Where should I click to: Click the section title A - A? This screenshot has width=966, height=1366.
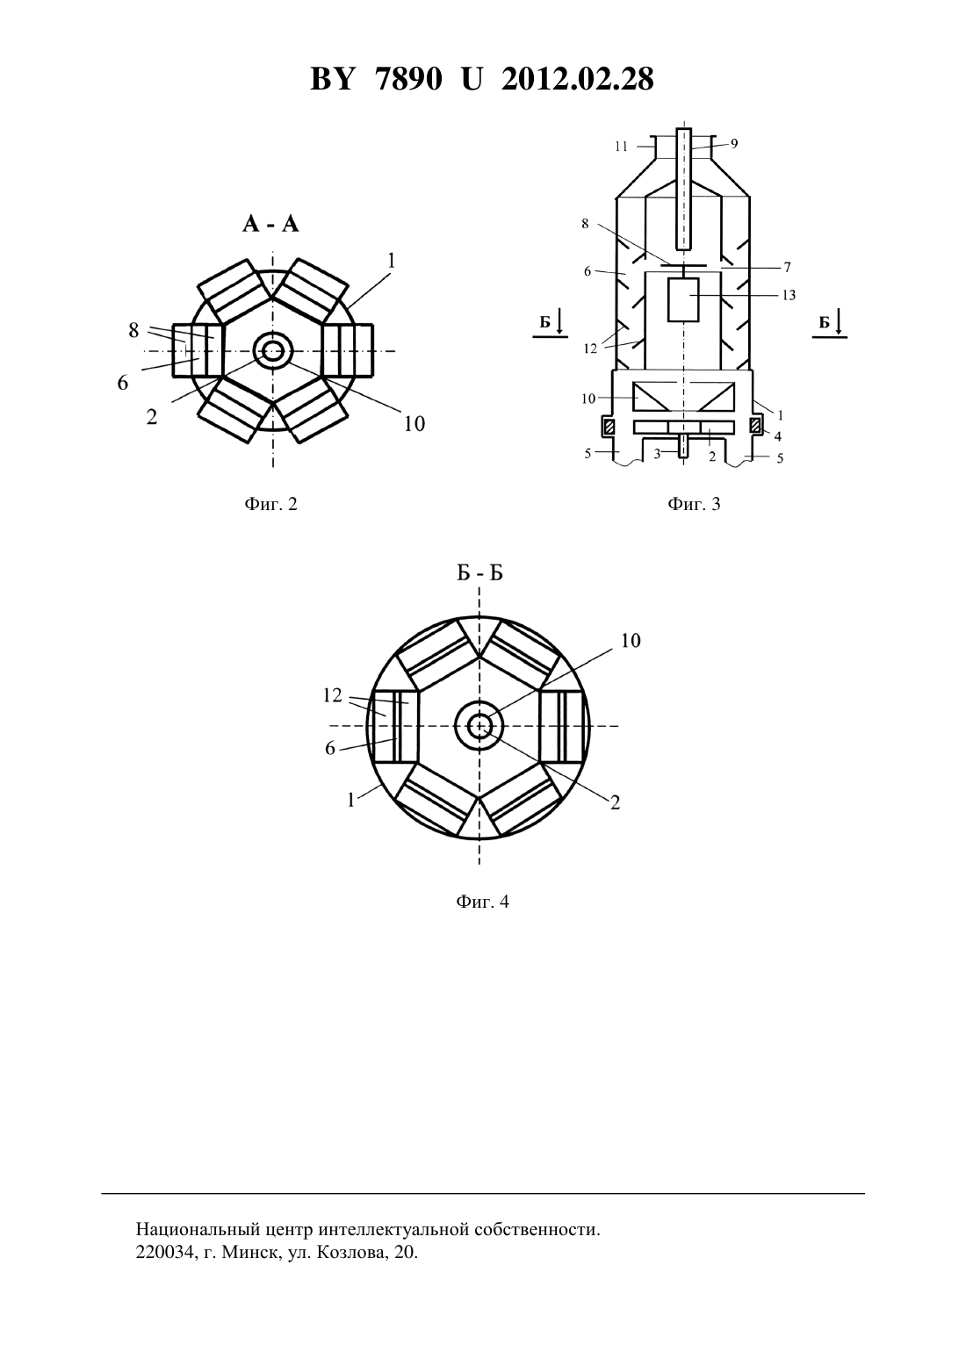270,225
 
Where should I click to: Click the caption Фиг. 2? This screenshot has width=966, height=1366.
270,504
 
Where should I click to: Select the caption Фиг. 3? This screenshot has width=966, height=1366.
694,504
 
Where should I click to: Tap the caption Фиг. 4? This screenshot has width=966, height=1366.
482,901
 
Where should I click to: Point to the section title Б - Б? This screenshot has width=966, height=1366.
480,574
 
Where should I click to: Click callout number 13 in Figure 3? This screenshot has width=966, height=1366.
789,295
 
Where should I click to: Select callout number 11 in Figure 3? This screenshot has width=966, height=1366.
622,147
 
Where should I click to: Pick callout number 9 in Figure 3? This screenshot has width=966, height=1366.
734,143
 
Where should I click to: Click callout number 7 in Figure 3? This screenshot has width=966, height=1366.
788,267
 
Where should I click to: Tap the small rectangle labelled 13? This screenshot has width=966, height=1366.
683,299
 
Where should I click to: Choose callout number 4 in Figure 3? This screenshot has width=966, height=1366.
777,436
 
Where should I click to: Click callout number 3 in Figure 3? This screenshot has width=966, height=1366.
658,453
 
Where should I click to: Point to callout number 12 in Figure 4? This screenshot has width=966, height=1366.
332,695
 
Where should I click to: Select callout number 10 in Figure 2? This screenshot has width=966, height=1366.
415,423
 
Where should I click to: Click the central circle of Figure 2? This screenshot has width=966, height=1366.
272,351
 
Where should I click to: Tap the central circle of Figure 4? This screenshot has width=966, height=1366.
479,726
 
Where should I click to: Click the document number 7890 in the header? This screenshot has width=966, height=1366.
408,79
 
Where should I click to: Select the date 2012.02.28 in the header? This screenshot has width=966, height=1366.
577,79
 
